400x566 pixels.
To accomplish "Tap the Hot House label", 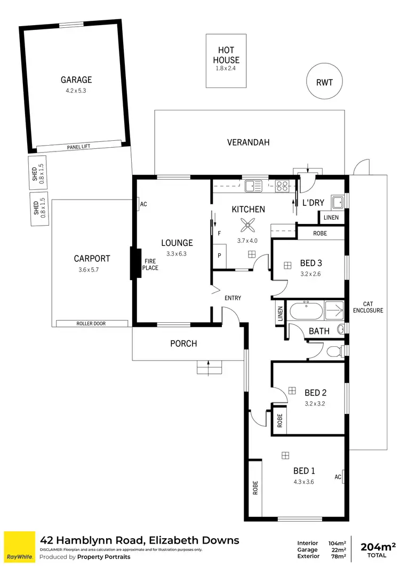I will pyautogui.click(x=227, y=55).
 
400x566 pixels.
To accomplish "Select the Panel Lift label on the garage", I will pyautogui.click(x=79, y=147).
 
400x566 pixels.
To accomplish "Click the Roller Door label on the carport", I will pyautogui.click(x=92, y=323).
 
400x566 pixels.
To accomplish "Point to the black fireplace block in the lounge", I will pyautogui.click(x=135, y=264).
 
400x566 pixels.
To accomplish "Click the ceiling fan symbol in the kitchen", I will pyautogui.click(x=249, y=225).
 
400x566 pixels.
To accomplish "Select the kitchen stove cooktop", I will pyautogui.click(x=282, y=186).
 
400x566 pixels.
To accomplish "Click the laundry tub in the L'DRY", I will pyautogui.click(x=338, y=202).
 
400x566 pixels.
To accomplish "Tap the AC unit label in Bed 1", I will pyautogui.click(x=338, y=476).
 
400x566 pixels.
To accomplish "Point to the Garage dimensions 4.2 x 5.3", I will pyautogui.click(x=76, y=90).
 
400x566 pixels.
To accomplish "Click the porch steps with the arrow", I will pyautogui.click(x=209, y=368).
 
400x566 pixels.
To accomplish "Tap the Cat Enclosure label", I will pyautogui.click(x=368, y=307).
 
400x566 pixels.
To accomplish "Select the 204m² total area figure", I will pyautogui.click(x=378, y=546).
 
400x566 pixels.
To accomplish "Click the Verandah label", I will pyautogui.click(x=249, y=142).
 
